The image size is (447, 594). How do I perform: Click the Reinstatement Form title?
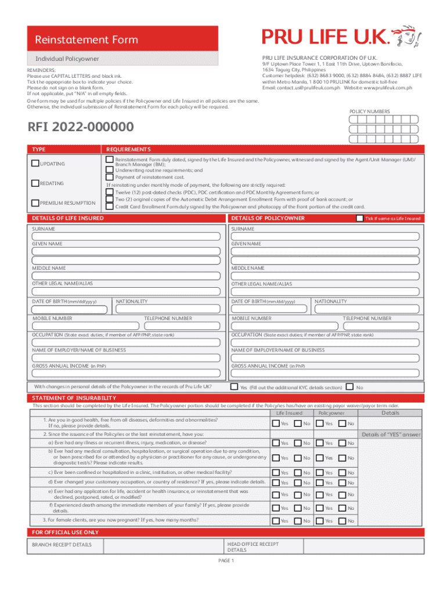pyautogui.click(x=85, y=39)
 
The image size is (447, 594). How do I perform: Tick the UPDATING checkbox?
pyautogui.click(x=35, y=164)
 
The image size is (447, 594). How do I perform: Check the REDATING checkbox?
pyautogui.click(x=35, y=183)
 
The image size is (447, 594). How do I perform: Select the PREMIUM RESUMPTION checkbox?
pyautogui.click(x=35, y=202)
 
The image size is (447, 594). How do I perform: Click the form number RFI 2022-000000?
pyautogui.click(x=81, y=127)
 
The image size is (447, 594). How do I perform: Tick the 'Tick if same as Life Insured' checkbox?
pyautogui.click(x=359, y=218)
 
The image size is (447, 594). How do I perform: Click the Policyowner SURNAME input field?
pyautogui.click(x=325, y=236)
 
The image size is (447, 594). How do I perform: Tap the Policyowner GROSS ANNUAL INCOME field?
pyautogui.click(x=325, y=374)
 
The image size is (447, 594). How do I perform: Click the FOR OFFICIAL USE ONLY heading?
pyautogui.click(x=65, y=532)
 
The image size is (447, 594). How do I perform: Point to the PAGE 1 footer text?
pyautogui.click(x=225, y=561)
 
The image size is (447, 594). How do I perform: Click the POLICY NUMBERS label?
pyautogui.click(x=369, y=111)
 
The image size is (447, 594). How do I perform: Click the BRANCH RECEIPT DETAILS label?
pyautogui.click(x=62, y=545)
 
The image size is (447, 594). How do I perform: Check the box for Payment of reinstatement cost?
pyautogui.click(x=109, y=177)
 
